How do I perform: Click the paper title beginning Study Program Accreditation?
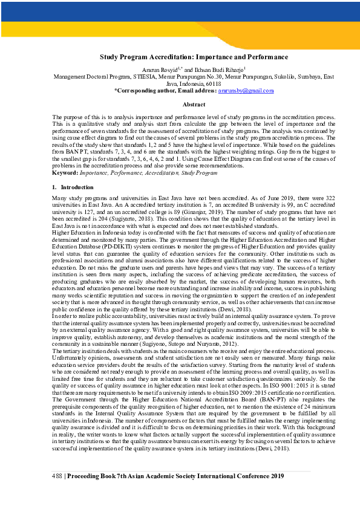pyautogui.click(x=194, y=57)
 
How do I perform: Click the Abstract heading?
pyautogui.click(x=194, y=105)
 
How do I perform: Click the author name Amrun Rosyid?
pyautogui.click(x=156, y=71)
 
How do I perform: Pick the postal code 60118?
pyautogui.click(x=213, y=83)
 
